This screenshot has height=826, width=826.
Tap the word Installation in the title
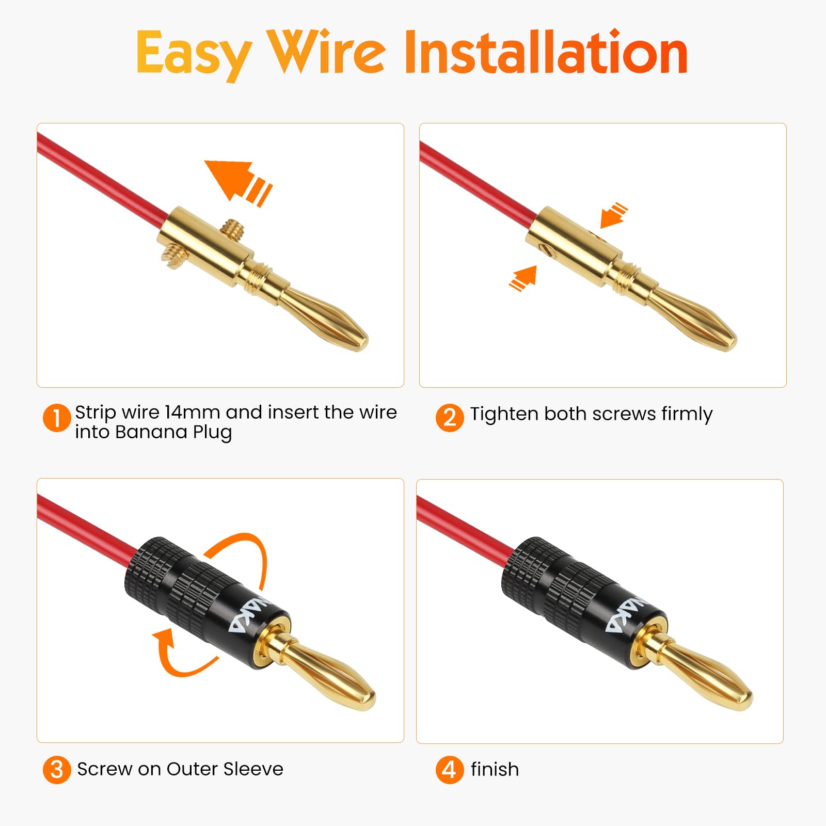click(x=546, y=52)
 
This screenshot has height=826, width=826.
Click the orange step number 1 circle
click(x=57, y=418)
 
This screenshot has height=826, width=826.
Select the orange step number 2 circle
click(x=450, y=417)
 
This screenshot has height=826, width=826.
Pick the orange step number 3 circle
click(x=57, y=770)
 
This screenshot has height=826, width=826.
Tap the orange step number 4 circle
click(x=450, y=769)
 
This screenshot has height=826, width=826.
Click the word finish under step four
click(x=495, y=769)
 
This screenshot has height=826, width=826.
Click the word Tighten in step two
click(x=504, y=415)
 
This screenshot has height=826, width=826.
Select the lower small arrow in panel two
click(x=523, y=278)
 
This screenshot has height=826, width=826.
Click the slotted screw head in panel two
click(x=547, y=251)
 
